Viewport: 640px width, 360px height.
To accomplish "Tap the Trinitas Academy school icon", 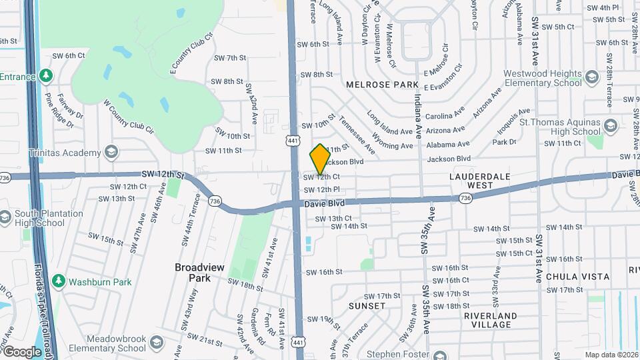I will (x=111, y=153).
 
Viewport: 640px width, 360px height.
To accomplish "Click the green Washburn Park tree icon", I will (x=59, y=281).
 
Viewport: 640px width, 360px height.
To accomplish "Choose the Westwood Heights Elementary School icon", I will (x=591, y=79).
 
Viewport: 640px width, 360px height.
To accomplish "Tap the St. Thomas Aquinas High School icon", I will (x=610, y=126).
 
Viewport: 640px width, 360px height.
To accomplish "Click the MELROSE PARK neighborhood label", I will (x=382, y=85).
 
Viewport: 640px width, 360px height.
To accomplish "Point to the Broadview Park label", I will (x=202, y=272).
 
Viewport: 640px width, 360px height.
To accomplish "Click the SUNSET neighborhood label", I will (x=367, y=305).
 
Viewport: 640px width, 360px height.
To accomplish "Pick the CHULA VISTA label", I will (x=577, y=276).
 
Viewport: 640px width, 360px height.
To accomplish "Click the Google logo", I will (x=22, y=351).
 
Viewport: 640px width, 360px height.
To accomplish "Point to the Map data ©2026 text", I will (x=611, y=355).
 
